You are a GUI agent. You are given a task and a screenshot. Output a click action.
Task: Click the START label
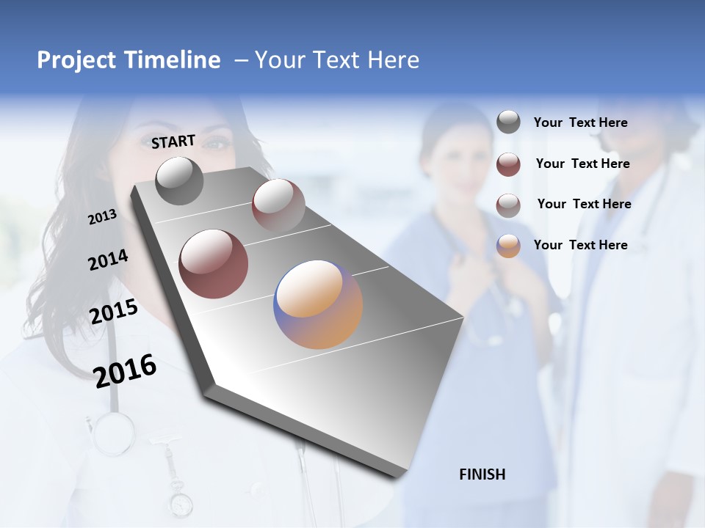(173, 141)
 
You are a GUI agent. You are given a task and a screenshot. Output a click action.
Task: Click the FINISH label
(482, 474)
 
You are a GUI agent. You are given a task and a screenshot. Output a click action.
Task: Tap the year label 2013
(102, 216)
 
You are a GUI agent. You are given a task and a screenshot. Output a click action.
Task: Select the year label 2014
(108, 260)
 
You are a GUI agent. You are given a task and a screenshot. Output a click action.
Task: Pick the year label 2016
(125, 370)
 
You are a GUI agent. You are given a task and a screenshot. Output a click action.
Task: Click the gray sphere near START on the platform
(179, 180)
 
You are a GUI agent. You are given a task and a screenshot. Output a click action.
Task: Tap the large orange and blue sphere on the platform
(318, 304)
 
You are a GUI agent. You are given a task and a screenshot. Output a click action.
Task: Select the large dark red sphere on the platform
(214, 264)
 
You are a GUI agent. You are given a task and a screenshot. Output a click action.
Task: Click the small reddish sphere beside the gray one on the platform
(278, 205)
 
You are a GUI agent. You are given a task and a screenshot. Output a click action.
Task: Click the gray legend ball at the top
(508, 122)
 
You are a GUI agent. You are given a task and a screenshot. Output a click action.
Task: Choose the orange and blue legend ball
(508, 245)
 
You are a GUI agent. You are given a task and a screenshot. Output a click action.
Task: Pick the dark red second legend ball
(508, 164)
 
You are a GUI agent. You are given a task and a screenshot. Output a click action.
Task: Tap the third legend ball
(508, 205)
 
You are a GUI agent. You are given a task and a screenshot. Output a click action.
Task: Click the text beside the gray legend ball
(580, 123)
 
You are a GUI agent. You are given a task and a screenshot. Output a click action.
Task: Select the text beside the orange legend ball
(580, 245)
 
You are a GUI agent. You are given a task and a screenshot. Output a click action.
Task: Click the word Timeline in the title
(174, 60)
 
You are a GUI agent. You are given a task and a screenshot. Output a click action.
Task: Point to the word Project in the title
(75, 60)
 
